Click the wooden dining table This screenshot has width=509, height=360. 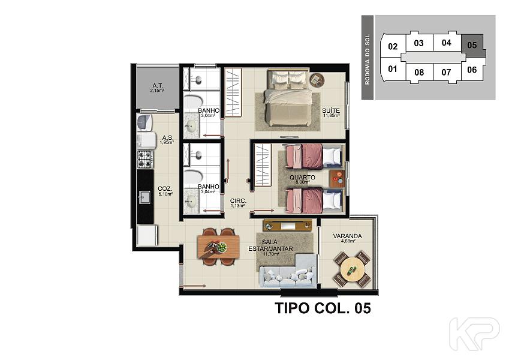coord(218,247)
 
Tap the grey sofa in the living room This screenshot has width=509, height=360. coord(288,271)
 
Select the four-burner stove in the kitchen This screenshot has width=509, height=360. coord(144,159)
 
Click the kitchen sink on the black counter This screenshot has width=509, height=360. coord(144,197)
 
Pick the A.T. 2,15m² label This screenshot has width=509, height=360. coord(158,88)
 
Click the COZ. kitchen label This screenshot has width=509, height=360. coord(165,191)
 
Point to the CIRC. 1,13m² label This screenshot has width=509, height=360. coord(238,203)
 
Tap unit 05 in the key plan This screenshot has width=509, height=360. coord(472,45)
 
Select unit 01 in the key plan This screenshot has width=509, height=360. coord(393,69)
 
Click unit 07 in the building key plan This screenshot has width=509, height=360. coord(446,72)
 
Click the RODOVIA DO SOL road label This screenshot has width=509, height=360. coord(368,59)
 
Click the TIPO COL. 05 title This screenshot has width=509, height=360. coord(323,308)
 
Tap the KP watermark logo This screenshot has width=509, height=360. coord(474,334)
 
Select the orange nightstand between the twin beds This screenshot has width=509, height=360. coord(338,179)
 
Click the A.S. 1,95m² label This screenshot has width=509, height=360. coord(167,140)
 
